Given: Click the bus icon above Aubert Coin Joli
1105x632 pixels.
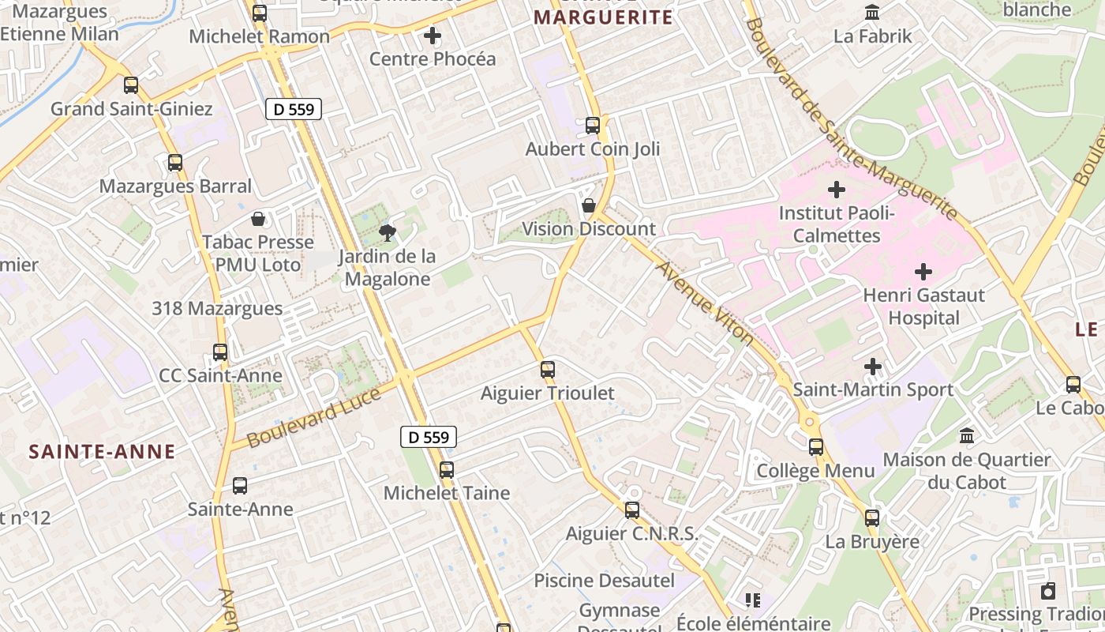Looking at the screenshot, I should [x=593, y=125].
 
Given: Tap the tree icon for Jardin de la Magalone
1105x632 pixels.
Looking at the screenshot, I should [x=387, y=232].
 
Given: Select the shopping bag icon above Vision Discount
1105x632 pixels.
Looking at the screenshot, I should [x=588, y=205].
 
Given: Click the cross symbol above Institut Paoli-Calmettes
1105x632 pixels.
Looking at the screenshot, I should [x=836, y=190].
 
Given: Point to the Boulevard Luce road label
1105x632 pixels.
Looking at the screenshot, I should [x=314, y=419].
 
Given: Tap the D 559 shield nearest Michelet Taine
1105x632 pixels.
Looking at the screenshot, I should [x=429, y=437].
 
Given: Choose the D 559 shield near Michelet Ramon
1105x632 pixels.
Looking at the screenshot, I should [x=294, y=109].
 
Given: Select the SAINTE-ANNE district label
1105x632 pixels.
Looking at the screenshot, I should [x=102, y=452].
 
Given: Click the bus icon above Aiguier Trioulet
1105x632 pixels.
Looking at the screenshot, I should [x=547, y=369].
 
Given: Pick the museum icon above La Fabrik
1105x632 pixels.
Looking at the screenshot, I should [x=872, y=13].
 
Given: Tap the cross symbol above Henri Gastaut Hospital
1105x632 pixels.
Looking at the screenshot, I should [x=923, y=272].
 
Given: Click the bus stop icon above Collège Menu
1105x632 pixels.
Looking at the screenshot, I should [x=815, y=447].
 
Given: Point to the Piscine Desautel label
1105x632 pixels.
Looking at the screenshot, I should [x=604, y=581].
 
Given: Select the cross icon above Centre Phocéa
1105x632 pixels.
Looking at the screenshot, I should [x=433, y=36].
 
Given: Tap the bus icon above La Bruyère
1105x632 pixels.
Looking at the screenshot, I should [x=871, y=518].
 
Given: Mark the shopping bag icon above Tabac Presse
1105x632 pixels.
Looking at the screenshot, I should [x=258, y=218].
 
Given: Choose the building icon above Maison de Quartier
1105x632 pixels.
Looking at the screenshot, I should [x=966, y=435].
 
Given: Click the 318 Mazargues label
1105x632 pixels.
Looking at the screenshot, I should [x=217, y=308].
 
